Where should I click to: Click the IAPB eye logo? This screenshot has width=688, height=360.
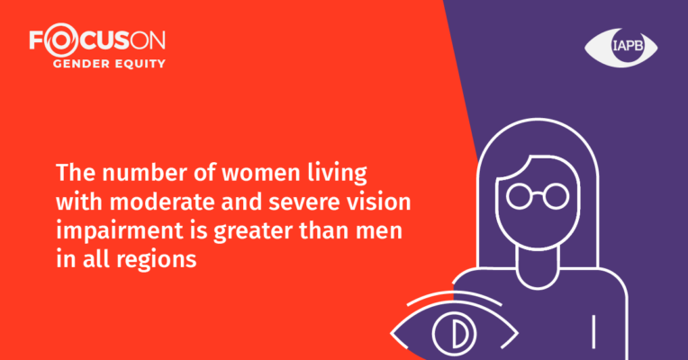click(x=620, y=47)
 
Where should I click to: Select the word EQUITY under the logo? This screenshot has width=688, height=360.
click(x=140, y=64)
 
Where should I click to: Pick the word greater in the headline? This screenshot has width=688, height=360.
click(x=253, y=232)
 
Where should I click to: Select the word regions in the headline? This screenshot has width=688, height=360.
click(x=156, y=260)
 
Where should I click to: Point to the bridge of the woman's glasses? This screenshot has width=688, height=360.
click(x=538, y=193)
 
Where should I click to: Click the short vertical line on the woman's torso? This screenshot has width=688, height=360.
click(x=593, y=332)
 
